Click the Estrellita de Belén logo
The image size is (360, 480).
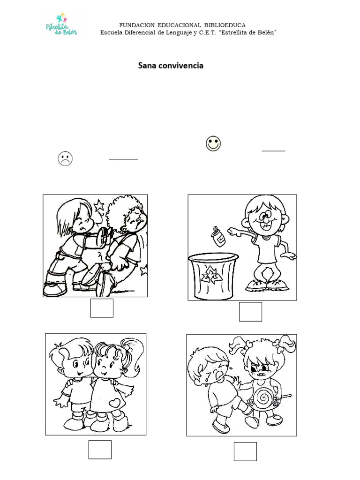tap(61, 25)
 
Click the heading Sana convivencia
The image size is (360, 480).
tap(171, 66)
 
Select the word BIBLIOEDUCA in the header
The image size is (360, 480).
tap(225, 25)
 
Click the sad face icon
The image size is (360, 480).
tap(65, 158)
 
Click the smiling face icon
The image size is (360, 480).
tap(213, 143)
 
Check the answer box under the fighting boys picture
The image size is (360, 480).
tap(102, 308)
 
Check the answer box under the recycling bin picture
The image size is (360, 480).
tap(250, 312)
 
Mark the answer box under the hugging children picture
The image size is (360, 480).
tap(100, 450)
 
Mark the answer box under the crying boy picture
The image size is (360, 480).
tap(246, 451)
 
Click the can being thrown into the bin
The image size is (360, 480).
tap(218, 235)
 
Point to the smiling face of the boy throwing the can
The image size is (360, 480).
tap(265, 220)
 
